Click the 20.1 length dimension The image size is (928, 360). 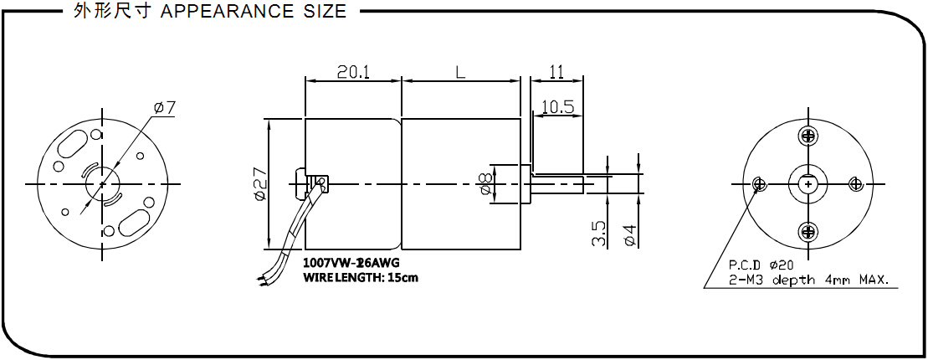pyautogui.click(x=353, y=72)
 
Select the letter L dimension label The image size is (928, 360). pyautogui.click(x=460, y=72)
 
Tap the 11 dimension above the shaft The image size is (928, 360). pyautogui.click(x=556, y=72)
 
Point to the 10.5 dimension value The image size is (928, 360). pyautogui.click(x=558, y=106)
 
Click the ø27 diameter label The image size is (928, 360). pyautogui.click(x=260, y=185)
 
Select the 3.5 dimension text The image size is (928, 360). pyautogui.click(x=597, y=234)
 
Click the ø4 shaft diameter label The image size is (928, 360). pyautogui.click(x=630, y=234)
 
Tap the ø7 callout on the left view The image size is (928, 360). pyautogui.click(x=164, y=108)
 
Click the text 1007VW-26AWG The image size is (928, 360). pyautogui.click(x=351, y=263)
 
